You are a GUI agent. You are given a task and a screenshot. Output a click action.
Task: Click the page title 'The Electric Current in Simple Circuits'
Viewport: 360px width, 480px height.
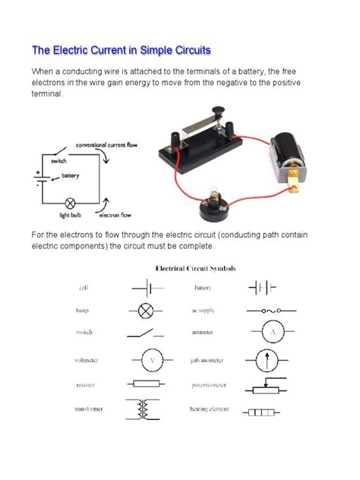coord(121,51)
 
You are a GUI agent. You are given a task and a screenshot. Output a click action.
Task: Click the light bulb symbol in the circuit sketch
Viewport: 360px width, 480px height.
coord(70,204)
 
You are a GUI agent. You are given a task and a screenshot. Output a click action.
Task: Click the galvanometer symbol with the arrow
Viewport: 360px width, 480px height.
coord(270,359)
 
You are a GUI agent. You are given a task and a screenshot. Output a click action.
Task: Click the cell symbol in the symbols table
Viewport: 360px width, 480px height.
coord(145,289)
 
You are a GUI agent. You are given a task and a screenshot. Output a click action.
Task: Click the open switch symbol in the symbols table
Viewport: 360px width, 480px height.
coord(145,333)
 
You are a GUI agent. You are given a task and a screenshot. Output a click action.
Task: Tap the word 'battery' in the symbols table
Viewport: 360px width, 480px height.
coord(202,289)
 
